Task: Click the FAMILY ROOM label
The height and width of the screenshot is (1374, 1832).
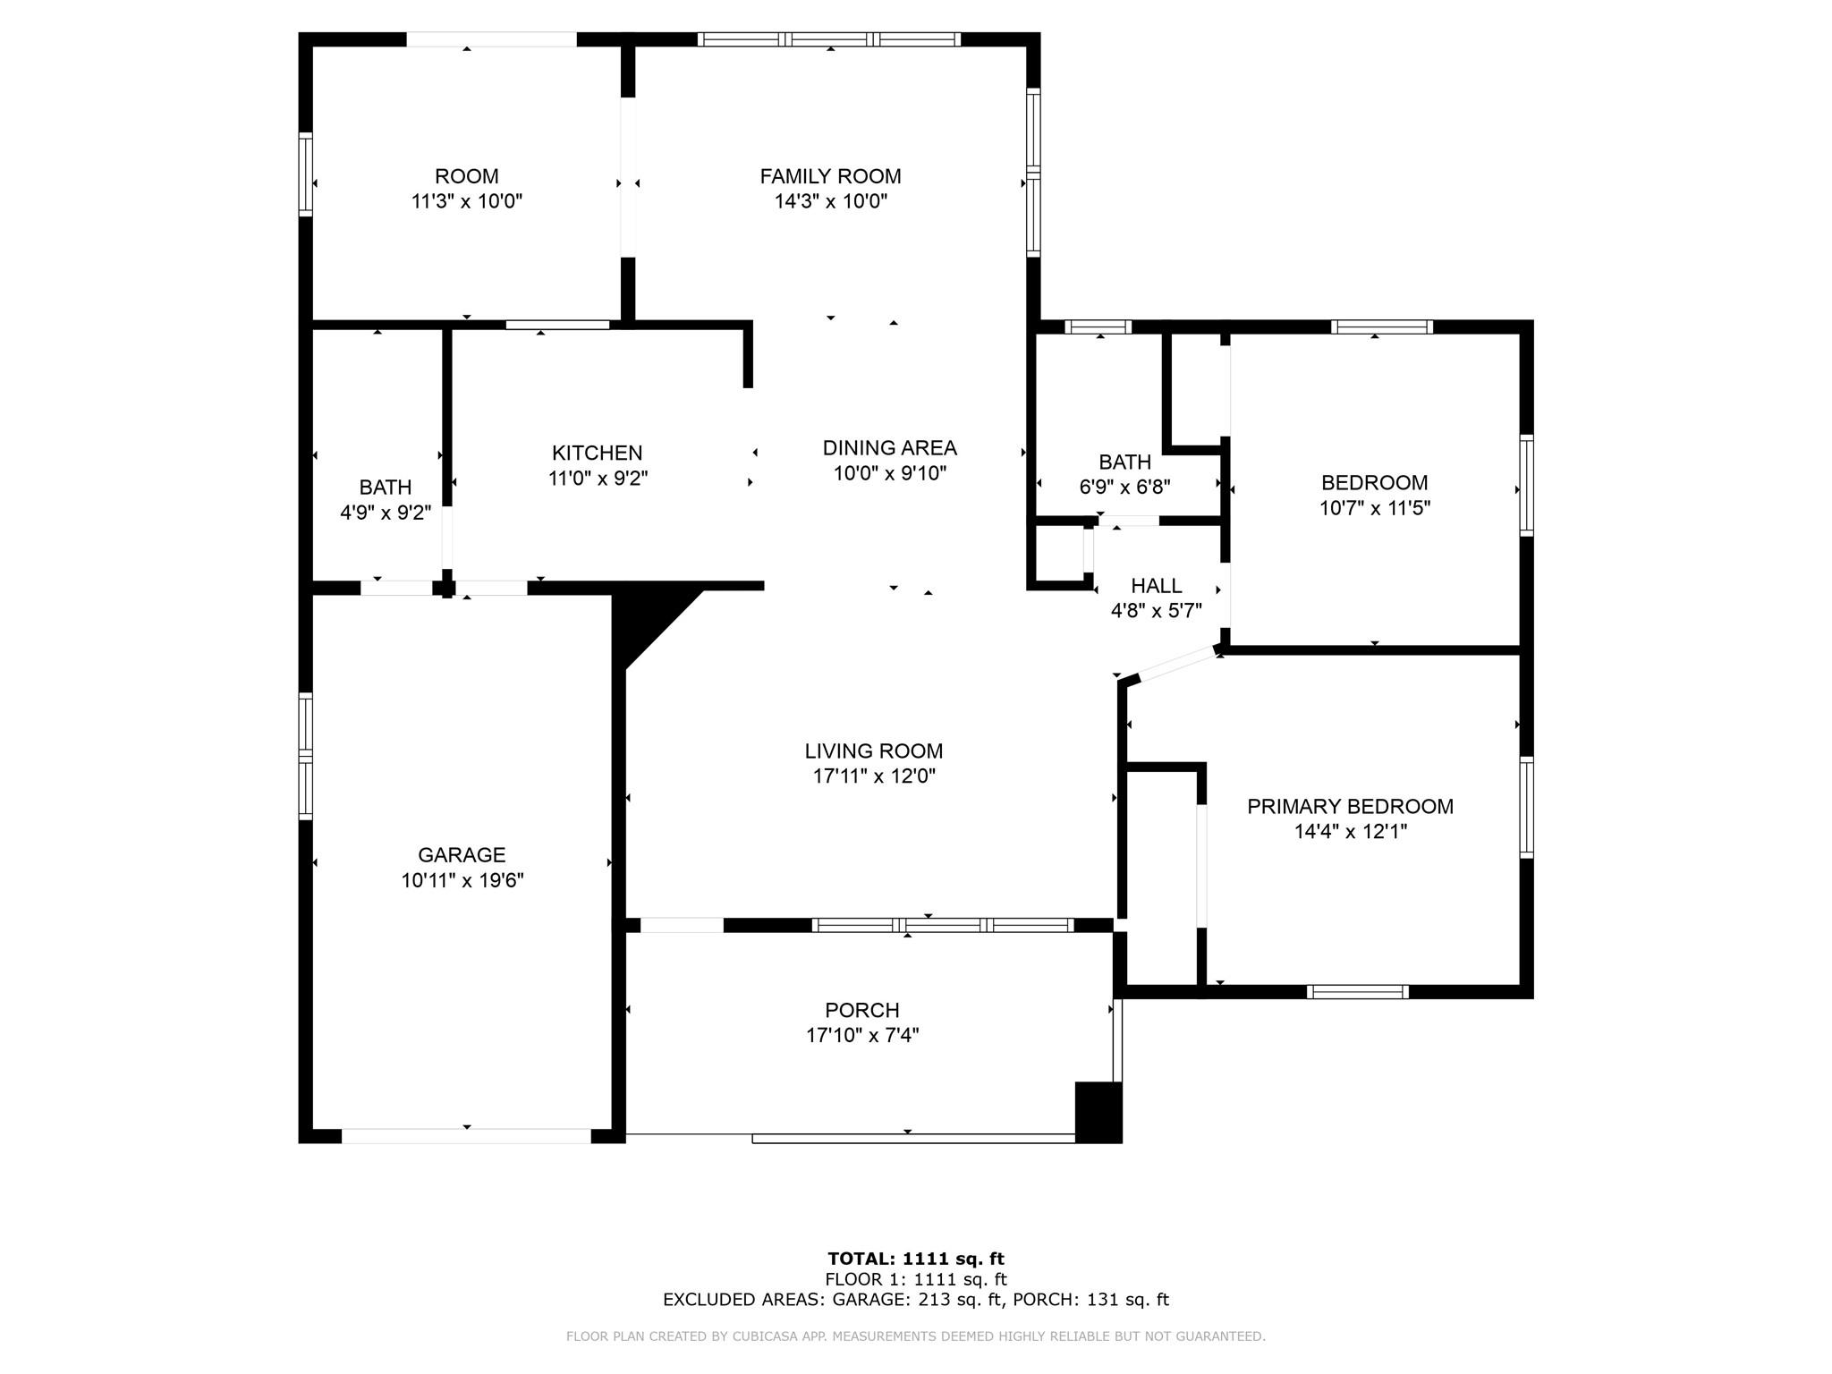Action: click(x=830, y=176)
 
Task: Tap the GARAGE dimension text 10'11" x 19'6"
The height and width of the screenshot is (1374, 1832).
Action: click(x=462, y=880)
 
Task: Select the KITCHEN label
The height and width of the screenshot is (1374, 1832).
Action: click(x=597, y=453)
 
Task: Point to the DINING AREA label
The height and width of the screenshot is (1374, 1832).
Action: click(x=889, y=447)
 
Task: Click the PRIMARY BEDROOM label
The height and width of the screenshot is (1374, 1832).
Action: click(x=1350, y=806)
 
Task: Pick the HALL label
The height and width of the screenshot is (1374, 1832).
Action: click(x=1157, y=585)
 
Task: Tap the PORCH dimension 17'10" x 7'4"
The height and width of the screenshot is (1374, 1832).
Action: click(x=862, y=1035)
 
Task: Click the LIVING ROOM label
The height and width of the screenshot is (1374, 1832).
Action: click(x=874, y=751)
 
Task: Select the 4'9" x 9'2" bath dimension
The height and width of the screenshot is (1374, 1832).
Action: click(x=386, y=513)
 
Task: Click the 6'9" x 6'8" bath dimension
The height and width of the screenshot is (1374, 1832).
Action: click(x=1124, y=487)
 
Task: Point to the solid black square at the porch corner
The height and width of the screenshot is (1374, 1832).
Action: click(x=1098, y=1112)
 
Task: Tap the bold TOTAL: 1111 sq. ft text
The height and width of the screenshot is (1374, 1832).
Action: click(x=916, y=1259)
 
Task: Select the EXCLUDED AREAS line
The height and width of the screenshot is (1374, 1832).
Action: click(x=916, y=1300)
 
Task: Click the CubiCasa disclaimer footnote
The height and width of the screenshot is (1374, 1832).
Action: click(x=916, y=1336)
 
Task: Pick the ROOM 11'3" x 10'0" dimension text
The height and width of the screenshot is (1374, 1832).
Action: click(x=466, y=201)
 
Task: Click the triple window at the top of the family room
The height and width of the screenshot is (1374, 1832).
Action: click(x=829, y=39)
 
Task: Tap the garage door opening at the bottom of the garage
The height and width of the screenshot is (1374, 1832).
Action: click(x=466, y=1136)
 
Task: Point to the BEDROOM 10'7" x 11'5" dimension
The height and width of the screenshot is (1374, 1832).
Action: click(x=1375, y=508)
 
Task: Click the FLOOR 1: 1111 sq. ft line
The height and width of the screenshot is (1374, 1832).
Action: click(x=916, y=1279)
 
